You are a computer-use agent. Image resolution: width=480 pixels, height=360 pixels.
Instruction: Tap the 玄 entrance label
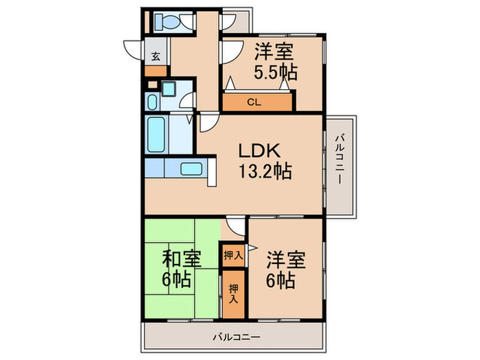click(x=156, y=56)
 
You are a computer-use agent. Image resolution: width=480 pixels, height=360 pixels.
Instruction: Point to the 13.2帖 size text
click(x=264, y=171)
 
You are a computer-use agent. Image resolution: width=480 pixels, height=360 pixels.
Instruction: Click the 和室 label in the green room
click(x=182, y=259)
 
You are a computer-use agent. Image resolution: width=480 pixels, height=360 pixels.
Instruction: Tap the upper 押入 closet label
click(x=232, y=255)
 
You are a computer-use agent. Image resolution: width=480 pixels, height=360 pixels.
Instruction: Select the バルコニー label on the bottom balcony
click(x=236, y=337)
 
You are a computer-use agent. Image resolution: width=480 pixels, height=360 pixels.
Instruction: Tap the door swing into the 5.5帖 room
click(x=230, y=51)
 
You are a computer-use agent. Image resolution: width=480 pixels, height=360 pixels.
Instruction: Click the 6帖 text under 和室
click(x=178, y=280)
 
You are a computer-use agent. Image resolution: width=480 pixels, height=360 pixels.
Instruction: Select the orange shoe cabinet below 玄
click(x=156, y=71)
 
